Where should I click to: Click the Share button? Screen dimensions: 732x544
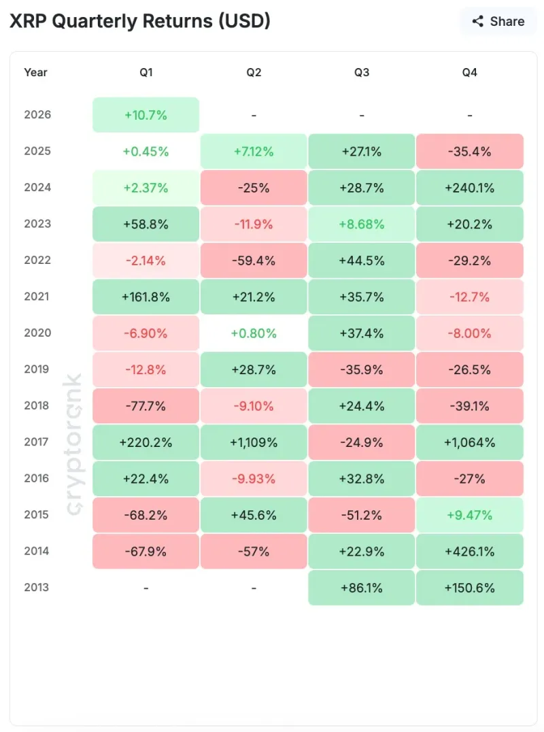tap(498, 21)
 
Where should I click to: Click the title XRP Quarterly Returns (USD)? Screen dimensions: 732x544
tap(139, 21)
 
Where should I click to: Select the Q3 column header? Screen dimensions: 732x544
tap(361, 72)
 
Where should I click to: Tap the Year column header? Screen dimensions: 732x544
tap(35, 72)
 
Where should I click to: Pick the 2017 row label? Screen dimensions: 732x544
tap(37, 442)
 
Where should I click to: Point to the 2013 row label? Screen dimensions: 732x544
tap(37, 588)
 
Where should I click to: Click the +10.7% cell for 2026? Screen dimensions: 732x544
tap(146, 115)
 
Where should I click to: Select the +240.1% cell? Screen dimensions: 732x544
tap(469, 188)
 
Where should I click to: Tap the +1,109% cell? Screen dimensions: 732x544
tap(254, 442)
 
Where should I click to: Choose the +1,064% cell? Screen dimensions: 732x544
tap(469, 442)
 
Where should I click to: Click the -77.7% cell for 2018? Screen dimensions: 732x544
tap(146, 406)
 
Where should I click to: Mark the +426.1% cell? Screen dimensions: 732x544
tap(469, 551)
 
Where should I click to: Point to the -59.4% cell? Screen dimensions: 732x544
tap(254, 261)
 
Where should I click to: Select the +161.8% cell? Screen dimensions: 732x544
tap(146, 297)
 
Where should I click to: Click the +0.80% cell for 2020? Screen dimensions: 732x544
tap(254, 333)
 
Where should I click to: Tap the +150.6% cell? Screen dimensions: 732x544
tap(469, 588)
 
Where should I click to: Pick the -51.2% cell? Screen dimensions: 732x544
tap(361, 515)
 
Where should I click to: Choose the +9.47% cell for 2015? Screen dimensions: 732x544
tap(469, 515)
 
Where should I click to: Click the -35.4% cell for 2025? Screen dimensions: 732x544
tap(469, 151)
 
